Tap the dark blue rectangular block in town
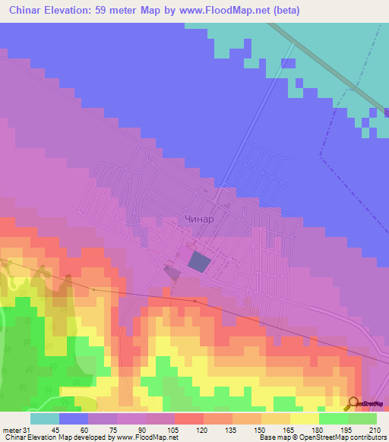(x=198, y=263)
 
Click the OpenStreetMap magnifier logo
(x=353, y=403)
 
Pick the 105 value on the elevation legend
(x=160, y=430)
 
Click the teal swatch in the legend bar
(x=45, y=418)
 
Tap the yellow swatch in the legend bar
(x=304, y=418)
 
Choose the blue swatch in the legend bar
(x=74, y=418)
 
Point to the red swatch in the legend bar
(x=188, y=418)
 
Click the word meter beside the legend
(x=11, y=430)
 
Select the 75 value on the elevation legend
(x=103, y=430)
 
